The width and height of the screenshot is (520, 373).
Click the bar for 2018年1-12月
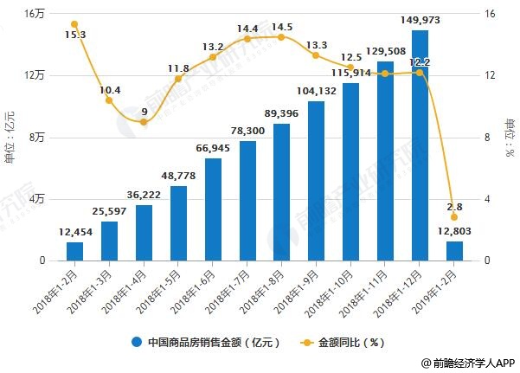pos(420,145)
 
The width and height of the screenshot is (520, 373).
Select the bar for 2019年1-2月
pos(454,251)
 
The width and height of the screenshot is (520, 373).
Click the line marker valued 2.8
pos(454,217)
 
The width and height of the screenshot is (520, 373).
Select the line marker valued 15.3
pos(74,24)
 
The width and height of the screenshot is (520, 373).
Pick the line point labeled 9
pos(144,122)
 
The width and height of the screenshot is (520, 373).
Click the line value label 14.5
pos(282,27)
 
